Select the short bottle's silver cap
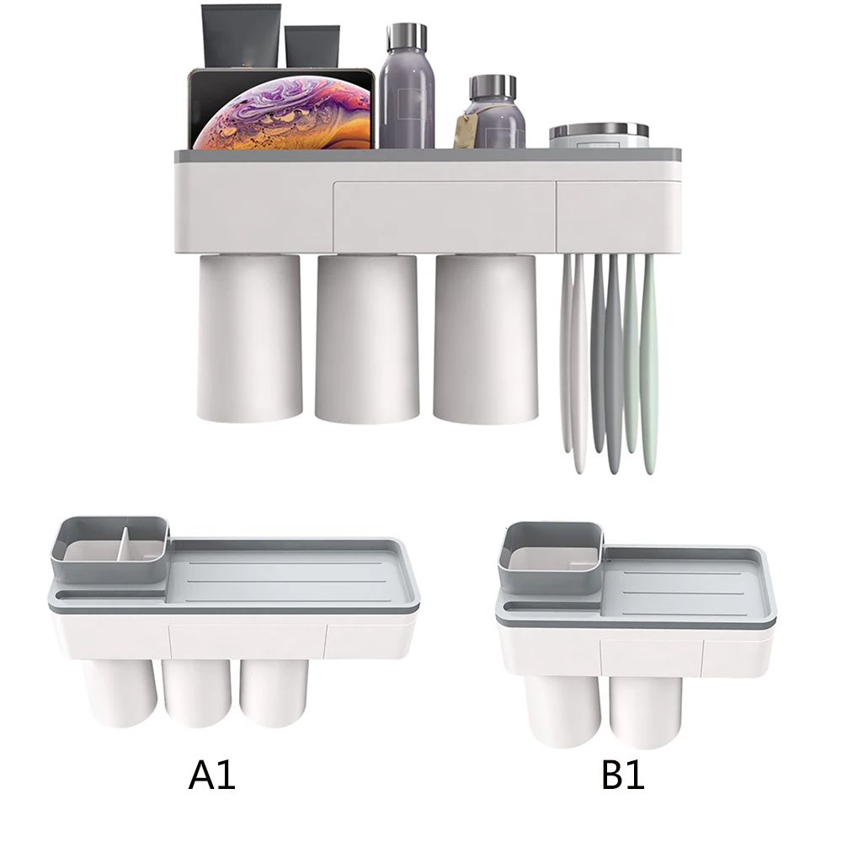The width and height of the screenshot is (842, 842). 493,88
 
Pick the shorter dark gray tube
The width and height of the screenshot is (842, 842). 312,46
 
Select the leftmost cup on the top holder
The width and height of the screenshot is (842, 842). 250,338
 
